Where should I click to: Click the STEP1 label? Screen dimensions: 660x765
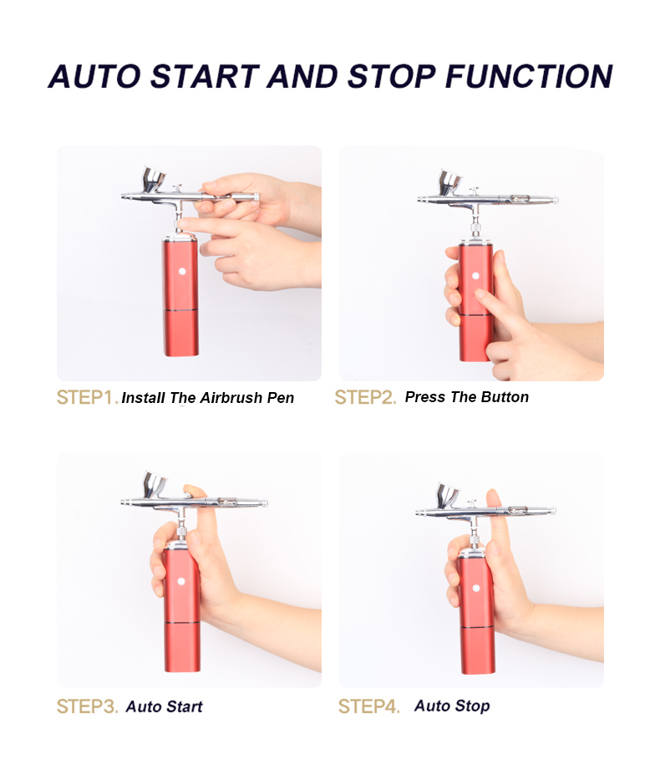(x=87, y=398)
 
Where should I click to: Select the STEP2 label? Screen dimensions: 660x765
(x=365, y=398)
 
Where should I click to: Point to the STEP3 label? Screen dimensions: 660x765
(x=87, y=706)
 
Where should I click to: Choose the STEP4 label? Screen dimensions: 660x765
(x=369, y=706)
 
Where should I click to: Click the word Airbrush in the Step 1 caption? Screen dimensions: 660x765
(x=231, y=398)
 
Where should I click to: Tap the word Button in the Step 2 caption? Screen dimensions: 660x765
(x=505, y=397)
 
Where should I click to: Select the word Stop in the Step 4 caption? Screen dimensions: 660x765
(x=472, y=706)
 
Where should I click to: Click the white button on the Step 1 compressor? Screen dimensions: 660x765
(x=182, y=271)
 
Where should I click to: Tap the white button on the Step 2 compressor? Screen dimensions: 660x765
(x=475, y=276)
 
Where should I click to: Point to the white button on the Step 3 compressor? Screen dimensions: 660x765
(x=181, y=581)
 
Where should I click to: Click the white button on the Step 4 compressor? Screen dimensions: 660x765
(x=476, y=588)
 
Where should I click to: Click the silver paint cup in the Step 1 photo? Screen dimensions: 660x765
(x=154, y=180)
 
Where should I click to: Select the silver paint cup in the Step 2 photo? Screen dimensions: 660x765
(x=449, y=182)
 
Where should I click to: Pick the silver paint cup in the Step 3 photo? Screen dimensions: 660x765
(x=155, y=485)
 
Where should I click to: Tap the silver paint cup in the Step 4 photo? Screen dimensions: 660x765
(x=448, y=496)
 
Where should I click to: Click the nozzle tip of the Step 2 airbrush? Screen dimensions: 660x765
(x=419, y=199)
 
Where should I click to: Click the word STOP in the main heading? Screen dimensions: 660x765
(x=391, y=77)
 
